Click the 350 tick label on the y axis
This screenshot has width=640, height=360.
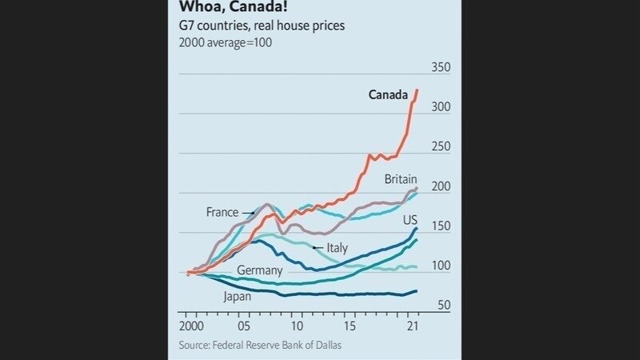[441, 67]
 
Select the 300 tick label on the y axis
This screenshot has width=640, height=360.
[441, 107]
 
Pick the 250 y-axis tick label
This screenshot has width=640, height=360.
[441, 147]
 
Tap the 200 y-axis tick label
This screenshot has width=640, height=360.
[441, 186]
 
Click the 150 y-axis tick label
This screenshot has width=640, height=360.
[441, 226]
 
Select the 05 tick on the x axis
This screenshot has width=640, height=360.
[244, 327]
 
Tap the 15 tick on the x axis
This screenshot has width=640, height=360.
[350, 327]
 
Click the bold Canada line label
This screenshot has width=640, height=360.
[388, 95]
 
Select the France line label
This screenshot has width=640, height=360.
[222, 213]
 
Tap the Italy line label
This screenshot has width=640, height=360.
[337, 248]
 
